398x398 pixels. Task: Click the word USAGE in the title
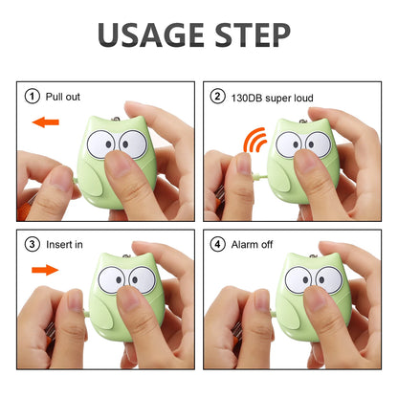click(151, 35)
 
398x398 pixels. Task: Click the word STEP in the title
click(253, 35)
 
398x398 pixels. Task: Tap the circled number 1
click(32, 97)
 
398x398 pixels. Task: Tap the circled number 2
click(217, 97)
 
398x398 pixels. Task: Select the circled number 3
click(32, 244)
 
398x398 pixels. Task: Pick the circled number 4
click(217, 244)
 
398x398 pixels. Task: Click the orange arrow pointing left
click(46, 122)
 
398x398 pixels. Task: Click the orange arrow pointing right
click(45, 270)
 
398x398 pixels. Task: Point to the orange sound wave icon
click(254, 140)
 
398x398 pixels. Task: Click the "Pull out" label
click(63, 97)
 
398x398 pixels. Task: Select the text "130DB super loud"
click(273, 98)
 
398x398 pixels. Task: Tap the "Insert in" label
click(64, 245)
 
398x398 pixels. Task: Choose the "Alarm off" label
click(252, 245)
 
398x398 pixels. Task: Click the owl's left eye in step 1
click(101, 144)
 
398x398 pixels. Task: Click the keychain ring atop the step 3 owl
click(127, 256)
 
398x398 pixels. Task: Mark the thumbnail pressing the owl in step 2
click(306, 161)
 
